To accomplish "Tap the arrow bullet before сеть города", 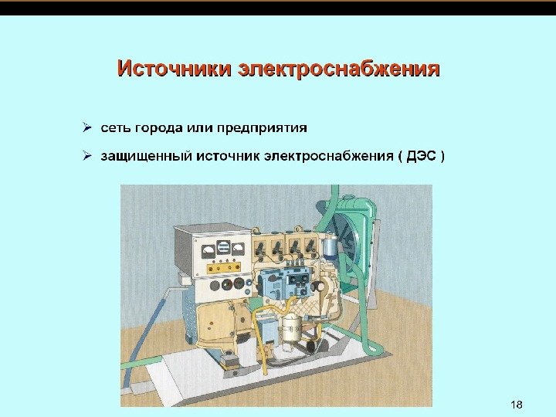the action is click(x=89, y=127).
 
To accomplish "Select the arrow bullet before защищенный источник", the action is click(x=89, y=156).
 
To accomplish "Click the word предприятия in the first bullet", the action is click(x=262, y=127).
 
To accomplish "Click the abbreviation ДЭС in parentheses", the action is click(x=420, y=157).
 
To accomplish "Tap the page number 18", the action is click(x=517, y=405).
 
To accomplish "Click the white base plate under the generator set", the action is click(x=255, y=378).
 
